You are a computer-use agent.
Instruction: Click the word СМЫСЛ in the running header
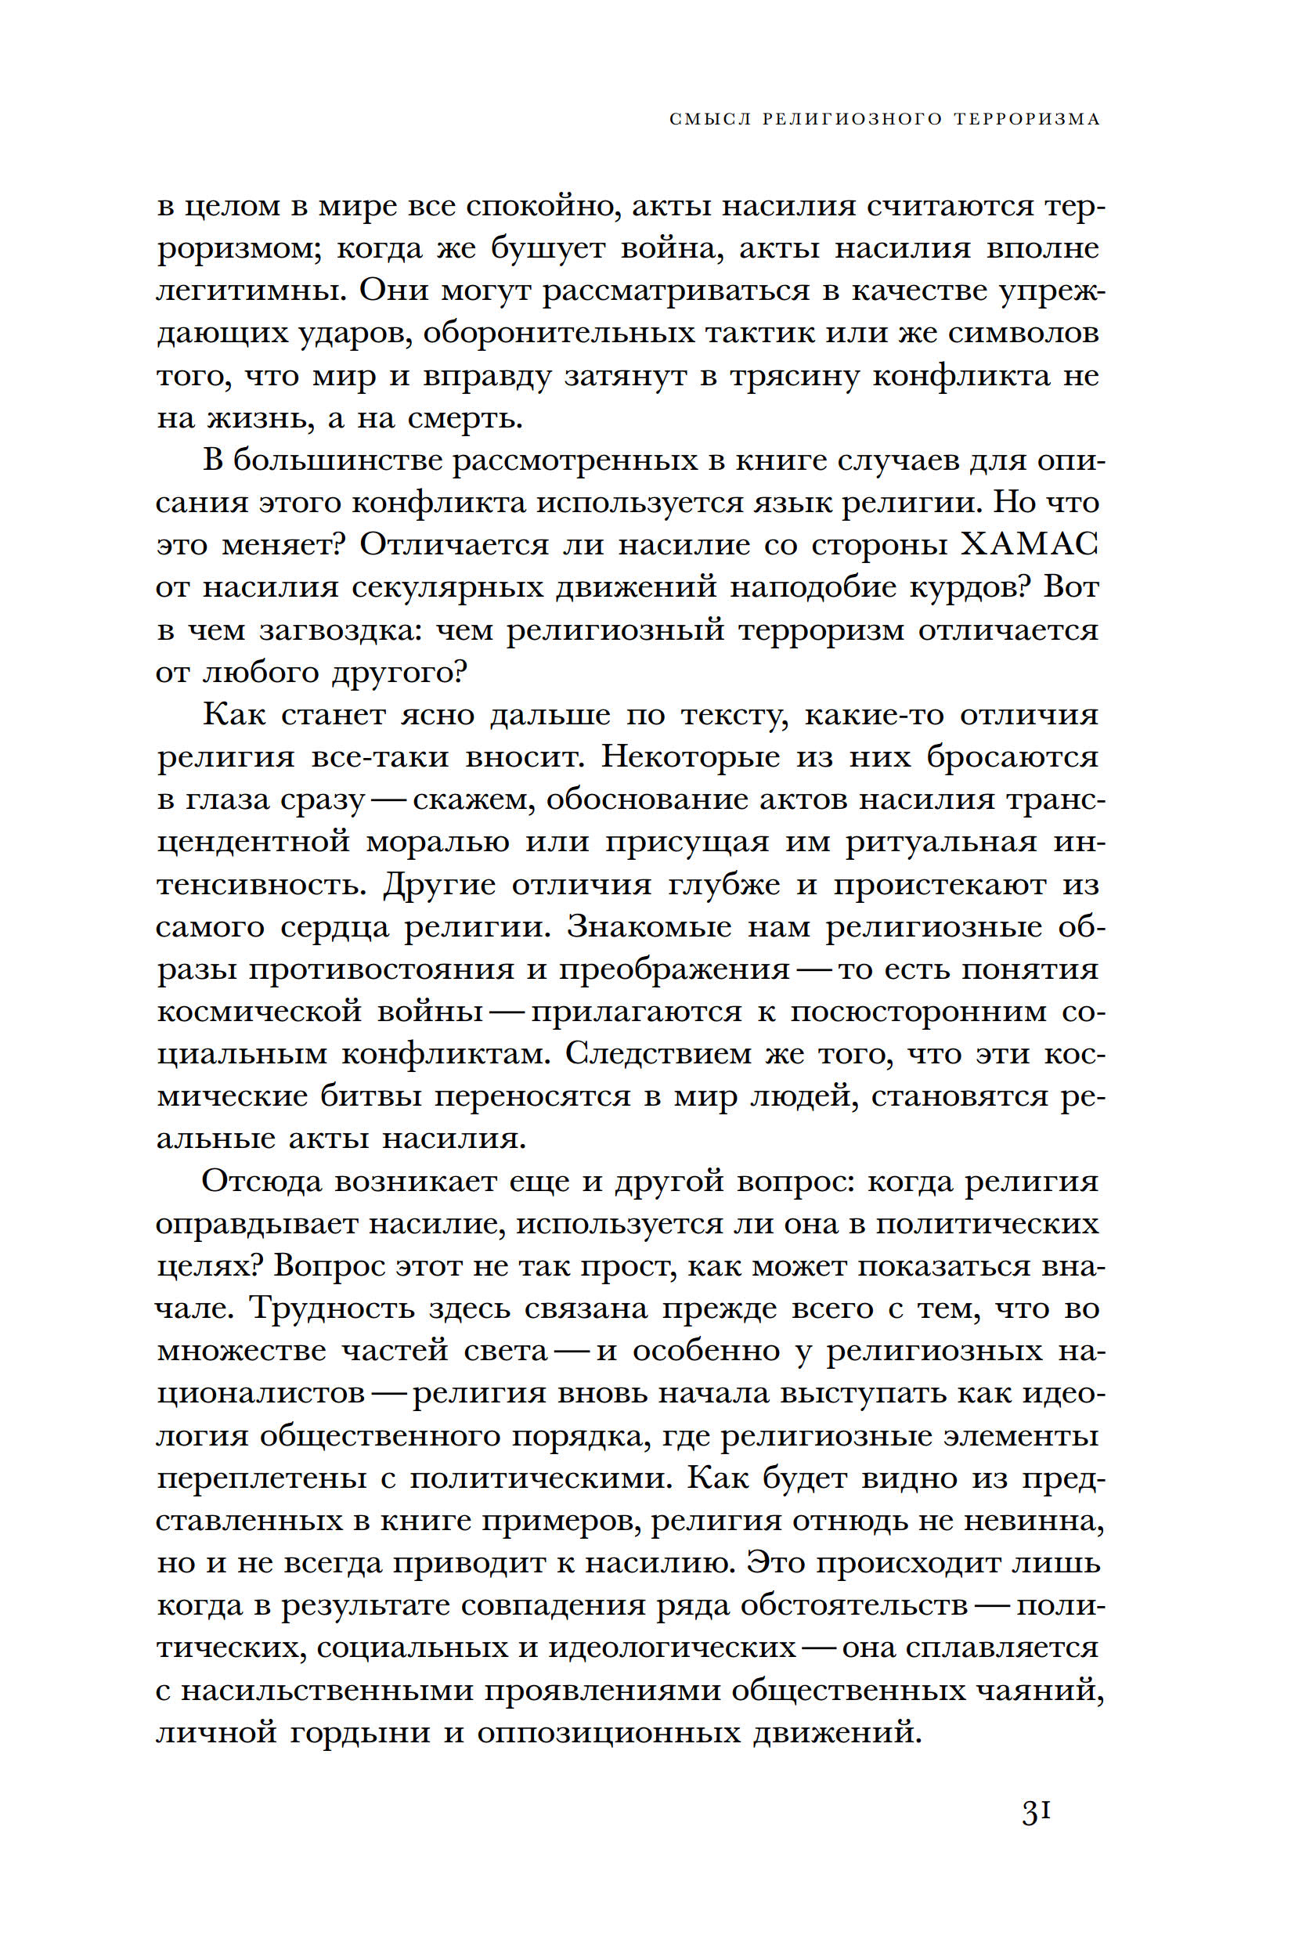710,119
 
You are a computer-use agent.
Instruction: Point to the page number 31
1036,1814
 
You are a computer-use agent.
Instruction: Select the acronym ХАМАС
1030,545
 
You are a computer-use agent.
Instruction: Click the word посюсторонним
918,1012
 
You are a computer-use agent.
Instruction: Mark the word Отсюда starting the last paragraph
261,1181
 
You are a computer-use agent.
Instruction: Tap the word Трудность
331,1309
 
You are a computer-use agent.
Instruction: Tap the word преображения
674,969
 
